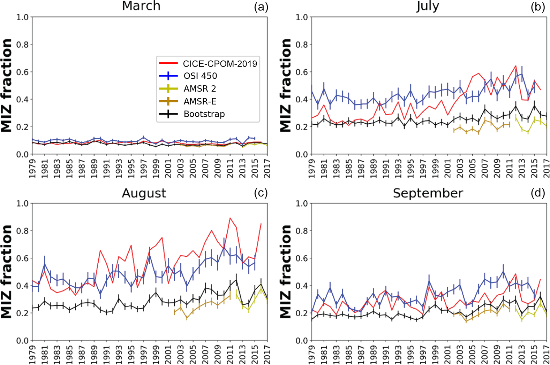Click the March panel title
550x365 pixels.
(141, 6)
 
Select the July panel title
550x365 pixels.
(428, 6)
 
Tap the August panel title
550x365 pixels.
(144, 193)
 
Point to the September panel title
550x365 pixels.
(428, 193)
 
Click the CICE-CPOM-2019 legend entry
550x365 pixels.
(220, 64)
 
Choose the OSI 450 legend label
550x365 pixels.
(200, 76)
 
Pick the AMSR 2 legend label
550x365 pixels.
(200, 89)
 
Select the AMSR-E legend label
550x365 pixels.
(200, 101)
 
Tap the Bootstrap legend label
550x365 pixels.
(204, 114)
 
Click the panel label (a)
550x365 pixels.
(261, 7)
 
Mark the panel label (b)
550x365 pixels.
(537, 7)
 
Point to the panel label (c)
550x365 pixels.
(261, 193)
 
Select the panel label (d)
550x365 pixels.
(537, 193)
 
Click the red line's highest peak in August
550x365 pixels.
(230, 218)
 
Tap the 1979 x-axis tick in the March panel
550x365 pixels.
(32, 168)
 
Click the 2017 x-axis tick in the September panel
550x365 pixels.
(547, 355)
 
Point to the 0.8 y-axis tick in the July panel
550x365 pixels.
(302, 45)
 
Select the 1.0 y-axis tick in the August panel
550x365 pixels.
(22, 203)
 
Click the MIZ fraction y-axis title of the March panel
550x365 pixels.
(6, 85)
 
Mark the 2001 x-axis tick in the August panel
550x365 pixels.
(168, 355)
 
